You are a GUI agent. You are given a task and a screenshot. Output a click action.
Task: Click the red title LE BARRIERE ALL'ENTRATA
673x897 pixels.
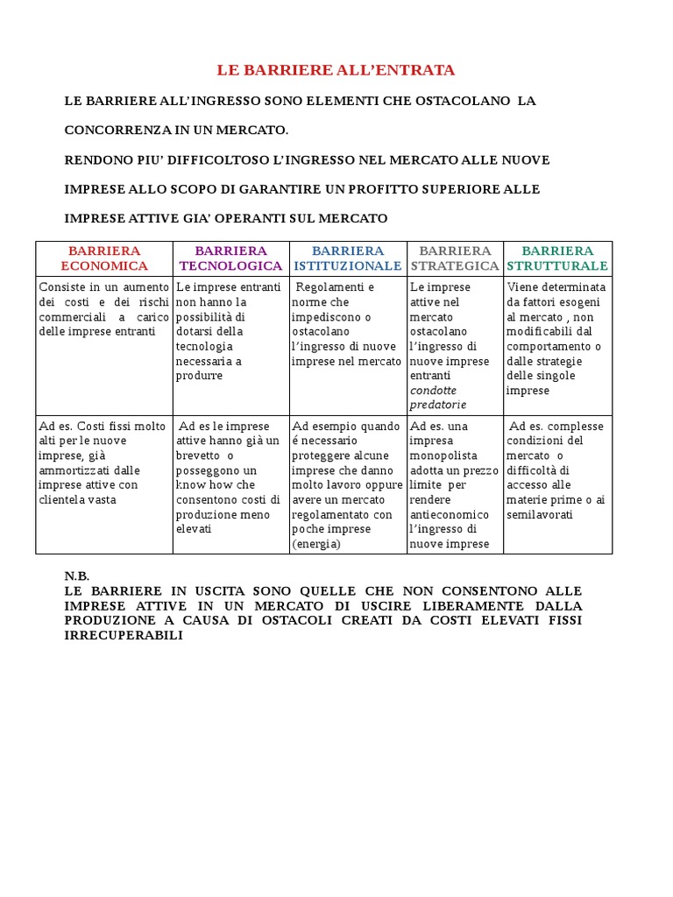tap(336, 70)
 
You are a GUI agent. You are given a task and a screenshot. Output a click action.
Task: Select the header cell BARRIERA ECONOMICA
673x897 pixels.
tap(103, 258)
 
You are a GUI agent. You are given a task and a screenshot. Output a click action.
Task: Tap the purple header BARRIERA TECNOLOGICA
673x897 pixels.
tap(230, 258)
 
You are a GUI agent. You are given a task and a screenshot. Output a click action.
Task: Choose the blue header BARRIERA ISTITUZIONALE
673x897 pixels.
tap(348, 258)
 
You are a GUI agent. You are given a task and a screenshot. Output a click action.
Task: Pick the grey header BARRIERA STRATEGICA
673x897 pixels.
tap(455, 258)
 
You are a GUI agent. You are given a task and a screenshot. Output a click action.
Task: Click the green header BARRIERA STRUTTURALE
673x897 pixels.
tap(557, 258)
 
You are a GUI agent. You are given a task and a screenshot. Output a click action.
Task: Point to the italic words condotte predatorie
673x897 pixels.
tap(438, 397)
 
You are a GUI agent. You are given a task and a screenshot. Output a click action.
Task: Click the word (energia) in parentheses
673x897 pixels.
tap(315, 544)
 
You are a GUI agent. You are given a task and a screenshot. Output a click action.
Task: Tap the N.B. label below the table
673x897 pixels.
tap(77, 576)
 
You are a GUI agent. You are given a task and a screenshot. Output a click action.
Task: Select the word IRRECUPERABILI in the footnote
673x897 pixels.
tap(124, 635)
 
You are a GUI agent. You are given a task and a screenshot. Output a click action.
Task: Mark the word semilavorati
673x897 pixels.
tap(540, 514)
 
